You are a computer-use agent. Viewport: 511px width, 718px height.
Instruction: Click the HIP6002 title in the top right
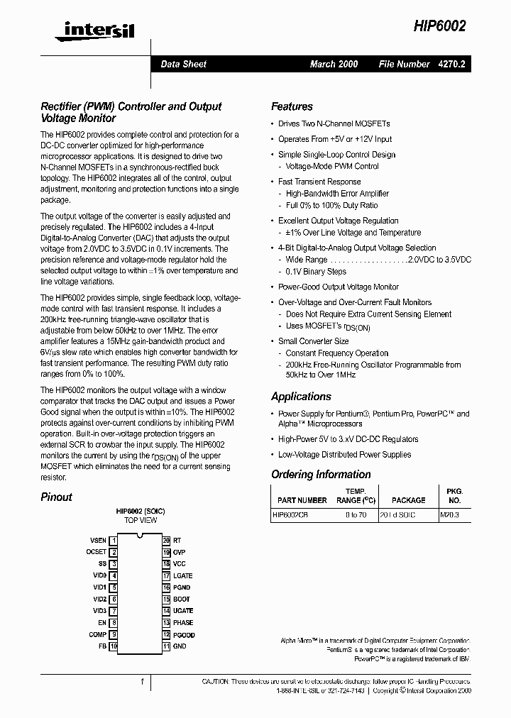pyautogui.click(x=440, y=26)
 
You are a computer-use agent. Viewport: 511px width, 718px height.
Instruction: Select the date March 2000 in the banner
pyautogui.click(x=334, y=64)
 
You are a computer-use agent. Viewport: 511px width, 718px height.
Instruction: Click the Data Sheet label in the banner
pyautogui.click(x=183, y=64)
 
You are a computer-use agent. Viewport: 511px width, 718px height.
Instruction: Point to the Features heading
pyautogui.click(x=292, y=106)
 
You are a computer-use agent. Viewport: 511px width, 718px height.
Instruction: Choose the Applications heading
pyautogui.click(x=301, y=397)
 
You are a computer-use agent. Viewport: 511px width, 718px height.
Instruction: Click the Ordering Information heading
pyautogui.click(x=321, y=474)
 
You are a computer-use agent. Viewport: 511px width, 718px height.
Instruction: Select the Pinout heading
pyautogui.click(x=56, y=497)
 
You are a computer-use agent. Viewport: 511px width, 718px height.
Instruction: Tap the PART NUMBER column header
pyautogui.click(x=302, y=500)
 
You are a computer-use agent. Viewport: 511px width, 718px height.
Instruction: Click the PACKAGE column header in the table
pyautogui.click(x=408, y=500)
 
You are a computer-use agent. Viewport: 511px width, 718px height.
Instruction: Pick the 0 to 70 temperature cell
pyautogui.click(x=356, y=515)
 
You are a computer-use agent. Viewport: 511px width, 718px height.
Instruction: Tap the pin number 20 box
pyautogui.click(x=166, y=541)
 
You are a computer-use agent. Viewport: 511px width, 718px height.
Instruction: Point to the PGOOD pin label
pyautogui.click(x=184, y=635)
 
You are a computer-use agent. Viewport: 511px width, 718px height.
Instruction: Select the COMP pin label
pyautogui.click(x=98, y=635)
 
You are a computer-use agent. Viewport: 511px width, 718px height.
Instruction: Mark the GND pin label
pyautogui.click(x=180, y=646)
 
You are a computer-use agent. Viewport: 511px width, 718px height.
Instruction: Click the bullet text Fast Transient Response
pyautogui.click(x=319, y=182)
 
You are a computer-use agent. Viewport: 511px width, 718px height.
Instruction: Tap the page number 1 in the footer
pyautogui.click(x=142, y=682)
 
